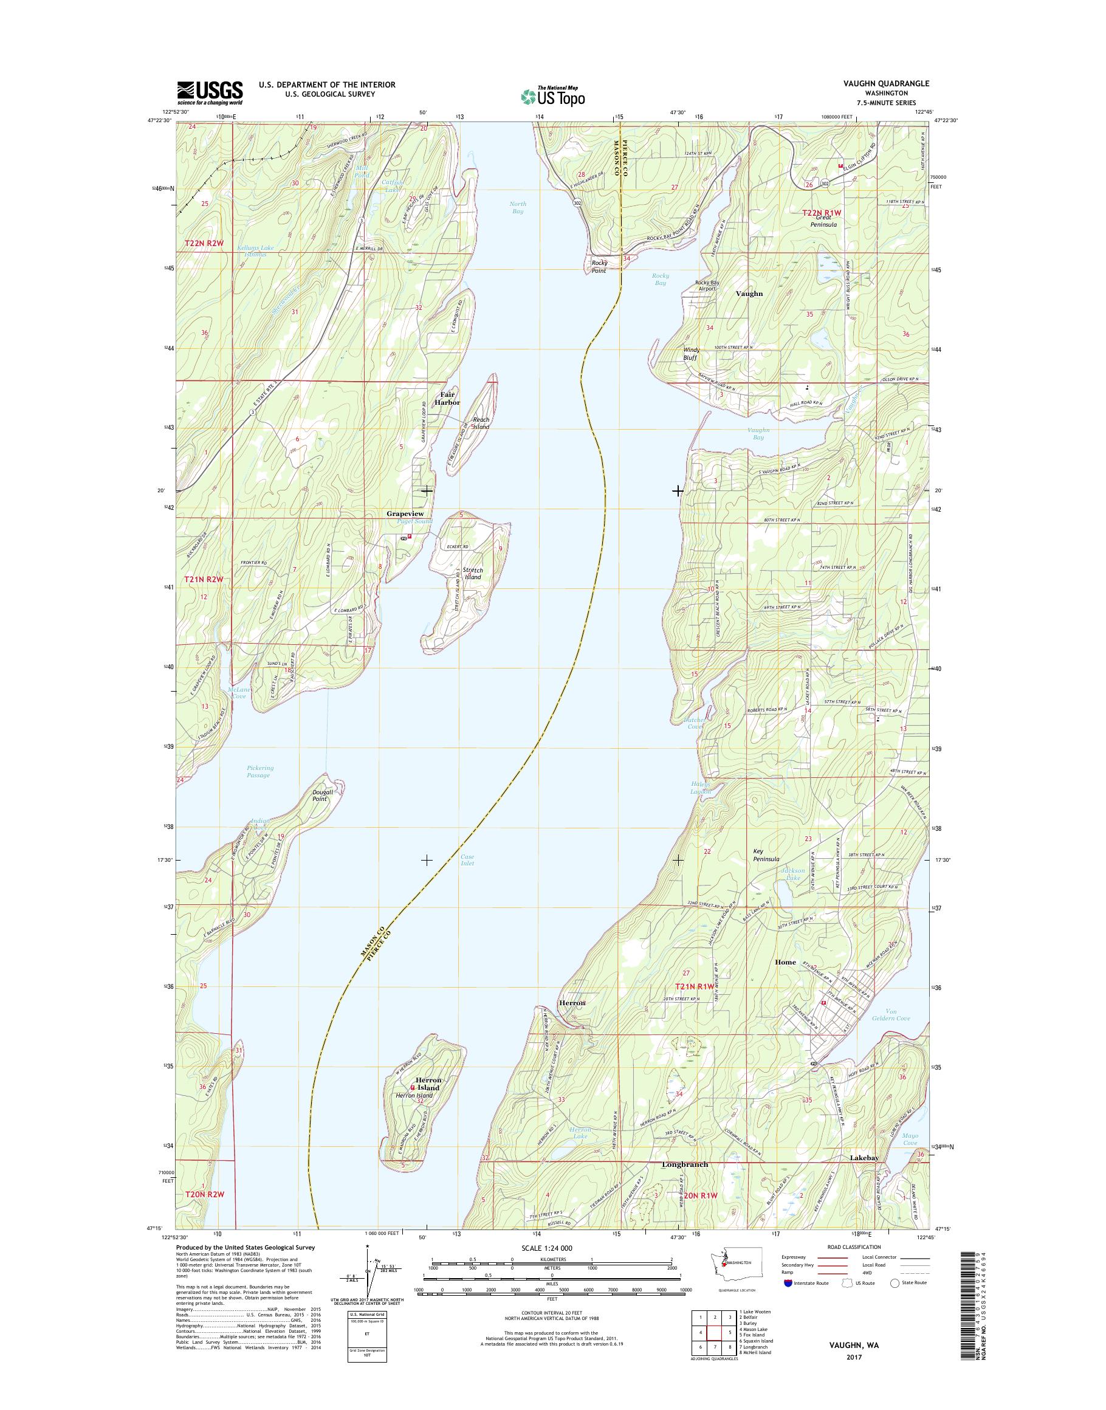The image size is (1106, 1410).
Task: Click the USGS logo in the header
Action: [x=210, y=92]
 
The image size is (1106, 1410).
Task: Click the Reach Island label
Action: [x=481, y=424]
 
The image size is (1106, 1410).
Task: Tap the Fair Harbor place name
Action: [x=447, y=398]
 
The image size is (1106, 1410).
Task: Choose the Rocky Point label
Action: [x=599, y=267]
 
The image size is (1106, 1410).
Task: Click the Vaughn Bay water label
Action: [x=758, y=433]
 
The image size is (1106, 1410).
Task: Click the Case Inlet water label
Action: [x=467, y=860]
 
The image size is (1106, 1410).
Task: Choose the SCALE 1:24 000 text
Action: [x=552, y=1248]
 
